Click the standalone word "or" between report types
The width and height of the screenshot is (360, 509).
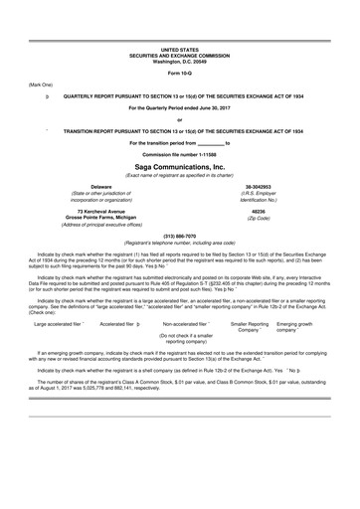point(180,119)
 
